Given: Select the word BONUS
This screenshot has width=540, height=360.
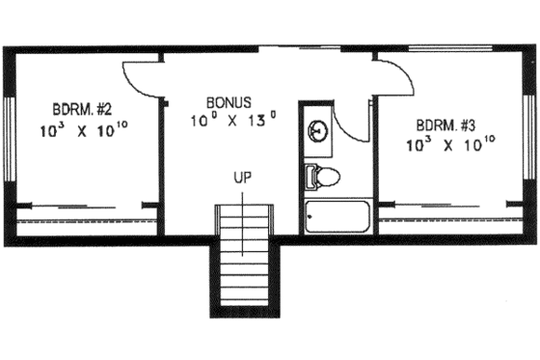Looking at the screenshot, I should pyautogui.click(x=229, y=100).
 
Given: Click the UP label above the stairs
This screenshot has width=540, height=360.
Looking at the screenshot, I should pyautogui.click(x=242, y=179).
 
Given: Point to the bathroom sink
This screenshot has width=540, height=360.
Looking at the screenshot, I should pyautogui.click(x=319, y=132).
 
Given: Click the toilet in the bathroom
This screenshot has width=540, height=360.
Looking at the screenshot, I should pyautogui.click(x=324, y=177).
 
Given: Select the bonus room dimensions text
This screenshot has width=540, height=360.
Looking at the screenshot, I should pyautogui.click(x=233, y=122).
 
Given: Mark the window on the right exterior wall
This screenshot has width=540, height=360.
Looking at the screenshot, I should pyautogui.click(x=529, y=135).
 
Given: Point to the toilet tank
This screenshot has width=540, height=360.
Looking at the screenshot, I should pyautogui.click(x=310, y=177).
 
